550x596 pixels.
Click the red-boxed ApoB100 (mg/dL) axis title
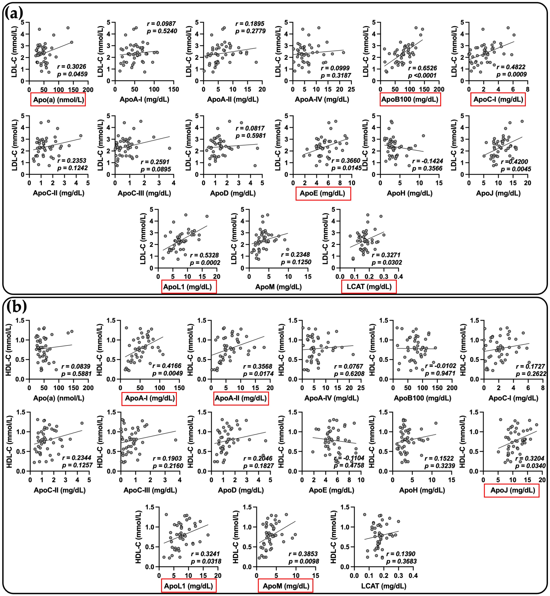(410, 99)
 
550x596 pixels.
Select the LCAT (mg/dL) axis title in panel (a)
(369, 287)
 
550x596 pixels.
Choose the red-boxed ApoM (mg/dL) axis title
(286, 586)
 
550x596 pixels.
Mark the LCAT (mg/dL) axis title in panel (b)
(384, 586)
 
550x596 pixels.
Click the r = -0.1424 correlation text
(427, 161)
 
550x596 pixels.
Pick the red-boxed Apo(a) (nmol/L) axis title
(58, 99)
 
